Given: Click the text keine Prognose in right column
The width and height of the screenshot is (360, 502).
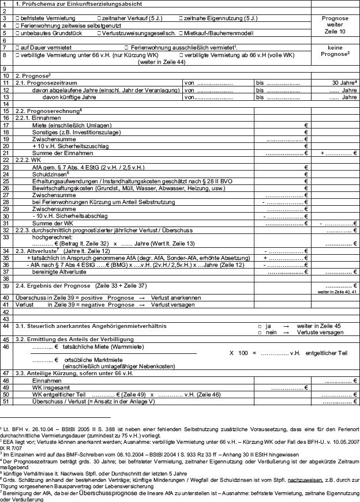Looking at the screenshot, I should point(335,50).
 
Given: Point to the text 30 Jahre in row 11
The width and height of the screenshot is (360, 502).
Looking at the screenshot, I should point(345,83).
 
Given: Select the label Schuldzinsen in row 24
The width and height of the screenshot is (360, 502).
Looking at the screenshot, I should point(49,173).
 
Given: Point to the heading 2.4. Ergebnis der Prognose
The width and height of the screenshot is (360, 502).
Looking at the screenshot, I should point(53,286).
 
